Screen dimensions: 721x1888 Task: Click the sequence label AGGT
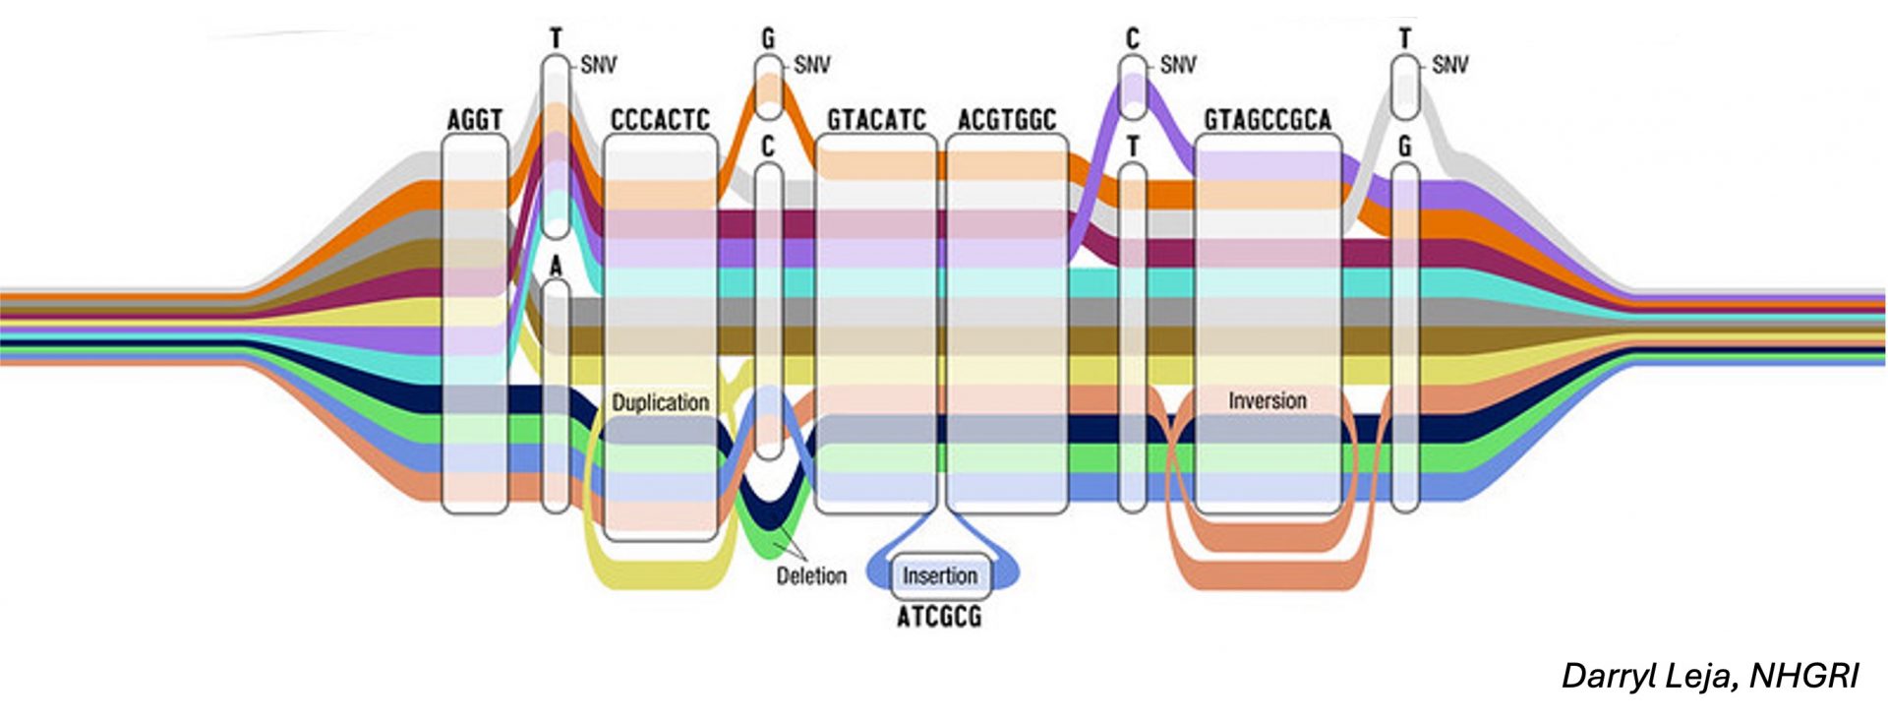475,120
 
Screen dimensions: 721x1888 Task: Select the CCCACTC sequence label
660,120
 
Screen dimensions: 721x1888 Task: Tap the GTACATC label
876,120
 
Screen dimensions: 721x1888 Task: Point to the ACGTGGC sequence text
1006,120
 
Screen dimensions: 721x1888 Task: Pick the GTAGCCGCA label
1268,120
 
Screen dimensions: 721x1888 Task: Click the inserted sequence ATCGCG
939,617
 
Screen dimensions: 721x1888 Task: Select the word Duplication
660,402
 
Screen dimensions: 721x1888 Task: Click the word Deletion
811,575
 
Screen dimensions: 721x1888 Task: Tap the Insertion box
940,575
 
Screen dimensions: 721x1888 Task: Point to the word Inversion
1268,400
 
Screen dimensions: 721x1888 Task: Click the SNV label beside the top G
812,65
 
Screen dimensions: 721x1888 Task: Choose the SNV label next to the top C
1178,65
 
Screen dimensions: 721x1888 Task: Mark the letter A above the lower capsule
556,266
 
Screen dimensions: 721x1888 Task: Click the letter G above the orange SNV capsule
768,39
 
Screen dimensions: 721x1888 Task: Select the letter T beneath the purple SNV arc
1133,147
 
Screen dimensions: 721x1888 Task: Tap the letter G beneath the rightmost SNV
1404,147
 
